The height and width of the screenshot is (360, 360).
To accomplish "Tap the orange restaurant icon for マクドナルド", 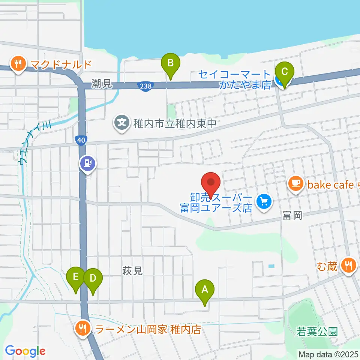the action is click(18, 64).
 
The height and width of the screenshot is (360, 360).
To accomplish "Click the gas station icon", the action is click(88, 163).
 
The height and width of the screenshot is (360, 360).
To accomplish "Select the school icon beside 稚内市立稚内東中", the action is click(122, 122).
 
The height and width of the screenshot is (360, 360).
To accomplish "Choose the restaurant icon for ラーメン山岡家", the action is click(82, 328).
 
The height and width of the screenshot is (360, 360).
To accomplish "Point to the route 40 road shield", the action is click(81, 140).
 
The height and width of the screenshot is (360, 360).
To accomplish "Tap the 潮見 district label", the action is click(102, 84).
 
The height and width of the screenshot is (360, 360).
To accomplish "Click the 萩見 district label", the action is click(132, 271).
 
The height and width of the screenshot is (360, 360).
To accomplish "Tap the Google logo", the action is click(25, 351).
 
